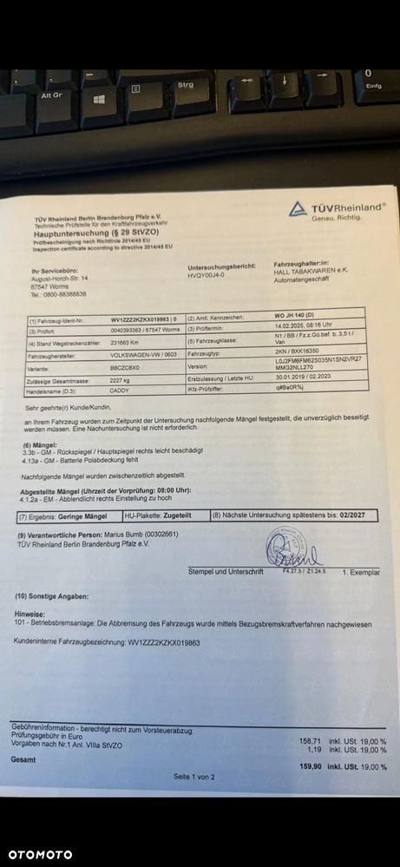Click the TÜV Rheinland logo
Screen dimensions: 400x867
(x=337, y=210)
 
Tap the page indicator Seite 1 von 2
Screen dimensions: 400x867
(x=193, y=776)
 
